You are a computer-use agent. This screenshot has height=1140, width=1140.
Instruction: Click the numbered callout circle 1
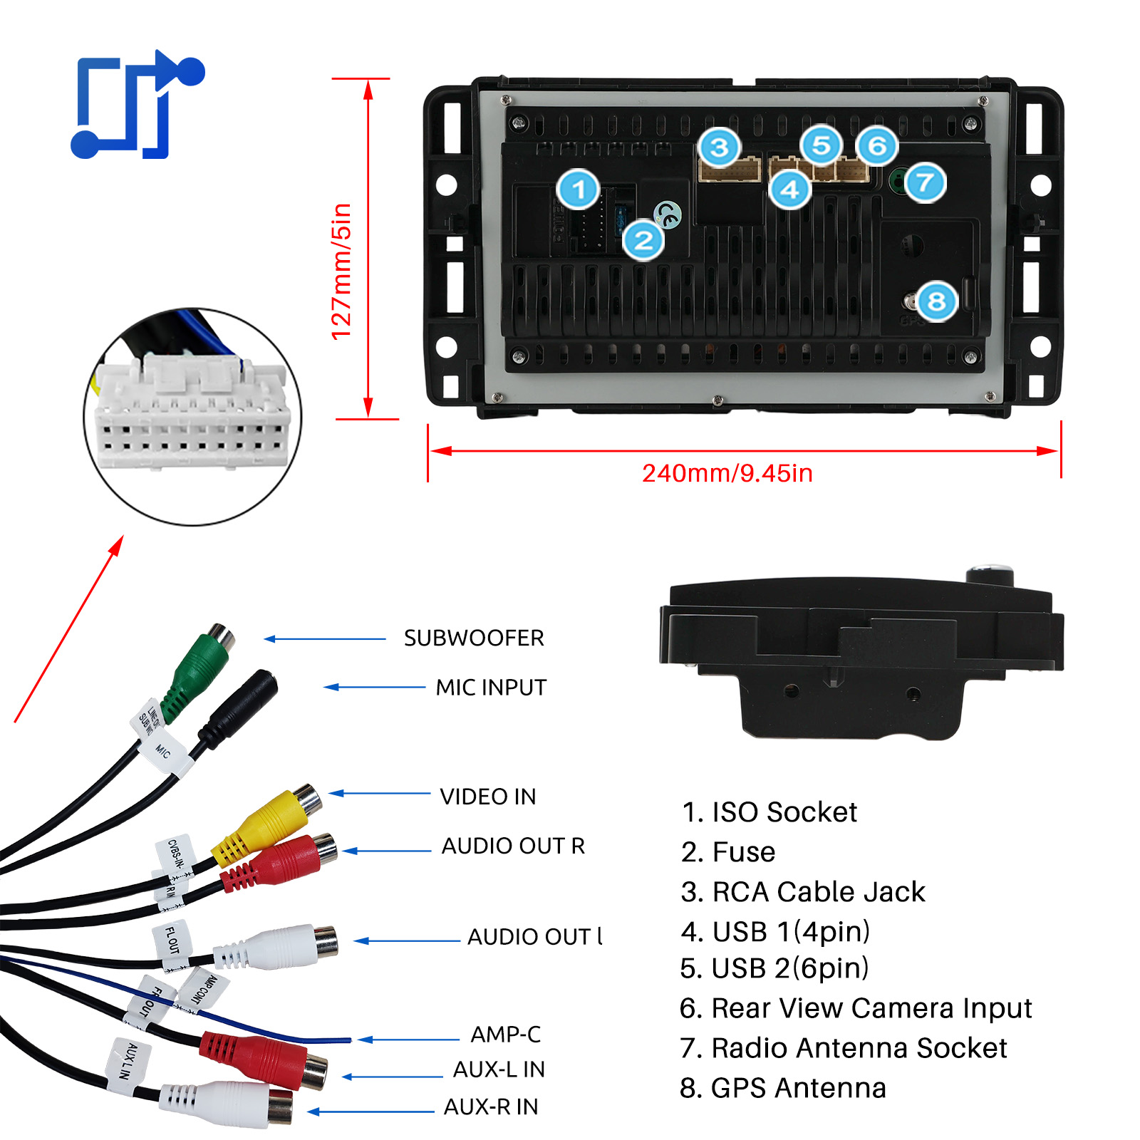pyautogui.click(x=578, y=189)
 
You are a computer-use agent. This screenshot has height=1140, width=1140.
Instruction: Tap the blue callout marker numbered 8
pyautogui.click(x=936, y=301)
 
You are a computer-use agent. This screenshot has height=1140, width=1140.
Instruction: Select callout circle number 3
pyautogui.click(x=719, y=147)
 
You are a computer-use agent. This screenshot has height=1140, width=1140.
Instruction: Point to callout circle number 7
pyautogui.click(x=925, y=182)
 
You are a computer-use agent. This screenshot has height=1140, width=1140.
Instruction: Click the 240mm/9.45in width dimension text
pyautogui.click(x=727, y=473)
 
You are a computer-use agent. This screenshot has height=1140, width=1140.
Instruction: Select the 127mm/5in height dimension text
pyautogui.click(x=342, y=271)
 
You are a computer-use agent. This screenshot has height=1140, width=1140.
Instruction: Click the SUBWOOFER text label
pyautogui.click(x=474, y=638)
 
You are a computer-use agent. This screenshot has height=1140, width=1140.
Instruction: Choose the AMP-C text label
pyautogui.click(x=505, y=1034)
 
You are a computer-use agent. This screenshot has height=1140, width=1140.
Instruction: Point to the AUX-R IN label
pyautogui.click(x=491, y=1107)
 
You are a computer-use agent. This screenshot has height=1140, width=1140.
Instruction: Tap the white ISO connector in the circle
pyautogui.click(x=192, y=413)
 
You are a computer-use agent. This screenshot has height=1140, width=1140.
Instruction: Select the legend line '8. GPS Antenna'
pyautogui.click(x=783, y=1088)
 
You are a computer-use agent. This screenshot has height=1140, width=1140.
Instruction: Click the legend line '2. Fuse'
pyautogui.click(x=728, y=852)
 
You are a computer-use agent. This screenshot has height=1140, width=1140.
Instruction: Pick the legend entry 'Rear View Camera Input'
pyautogui.click(x=856, y=1008)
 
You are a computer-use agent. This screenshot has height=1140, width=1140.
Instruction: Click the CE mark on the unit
pyautogui.click(x=668, y=214)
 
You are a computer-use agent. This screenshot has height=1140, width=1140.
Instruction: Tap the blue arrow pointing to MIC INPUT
pyautogui.click(x=374, y=688)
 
